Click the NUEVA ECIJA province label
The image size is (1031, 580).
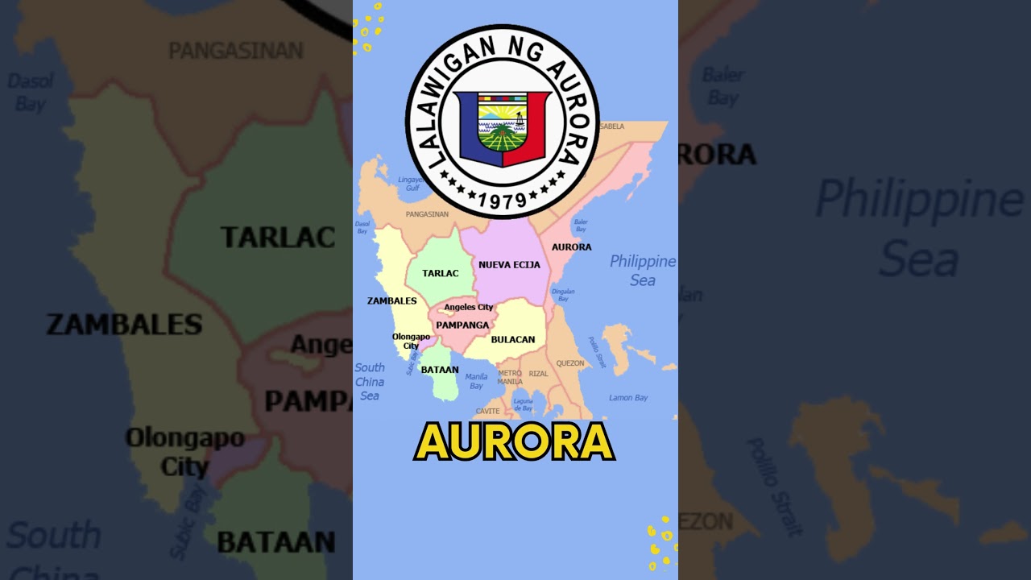coord(509,265)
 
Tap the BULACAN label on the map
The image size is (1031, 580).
coord(513,340)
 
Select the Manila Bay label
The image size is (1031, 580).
coord(476,381)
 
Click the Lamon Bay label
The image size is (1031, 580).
coord(628,398)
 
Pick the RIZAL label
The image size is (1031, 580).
coord(538,374)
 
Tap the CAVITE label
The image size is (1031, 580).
coord(487,412)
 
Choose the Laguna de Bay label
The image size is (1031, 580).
coord(524,404)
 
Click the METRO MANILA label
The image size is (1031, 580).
coord(510,377)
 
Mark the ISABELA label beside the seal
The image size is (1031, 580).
coord(611,126)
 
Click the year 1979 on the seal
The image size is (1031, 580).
coord(502,199)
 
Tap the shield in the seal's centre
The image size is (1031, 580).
coord(502,127)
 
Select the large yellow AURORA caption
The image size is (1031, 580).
coord(515,442)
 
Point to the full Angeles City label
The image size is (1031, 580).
coord(469,307)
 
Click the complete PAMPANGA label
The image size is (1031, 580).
coord(462,325)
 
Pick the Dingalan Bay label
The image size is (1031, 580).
coord(563,295)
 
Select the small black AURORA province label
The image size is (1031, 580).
coord(571,247)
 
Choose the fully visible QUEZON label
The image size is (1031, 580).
coord(570,363)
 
